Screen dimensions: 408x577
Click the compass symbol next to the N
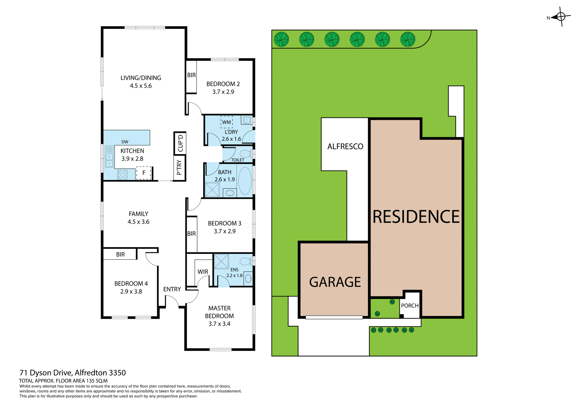561,17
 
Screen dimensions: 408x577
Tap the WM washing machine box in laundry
227,122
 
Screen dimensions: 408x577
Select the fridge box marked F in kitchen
144,173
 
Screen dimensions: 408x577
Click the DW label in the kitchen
125,142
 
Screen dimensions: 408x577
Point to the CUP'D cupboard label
180,143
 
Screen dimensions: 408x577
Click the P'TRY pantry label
179,168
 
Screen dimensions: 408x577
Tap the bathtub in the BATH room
245,180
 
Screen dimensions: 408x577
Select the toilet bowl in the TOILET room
246,154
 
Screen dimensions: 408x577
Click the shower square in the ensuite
221,261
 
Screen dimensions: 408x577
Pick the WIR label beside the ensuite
203,272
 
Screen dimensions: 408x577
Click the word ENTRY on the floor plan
172,289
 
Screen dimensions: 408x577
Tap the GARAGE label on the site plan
335,282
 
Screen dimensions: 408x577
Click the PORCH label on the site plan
410,306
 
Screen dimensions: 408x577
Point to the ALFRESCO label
345,146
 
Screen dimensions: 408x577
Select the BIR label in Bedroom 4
120,254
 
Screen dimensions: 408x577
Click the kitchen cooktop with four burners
123,175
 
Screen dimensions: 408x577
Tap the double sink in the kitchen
109,160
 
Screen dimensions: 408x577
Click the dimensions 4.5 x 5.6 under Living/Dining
141,86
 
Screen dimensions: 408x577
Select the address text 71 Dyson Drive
46,373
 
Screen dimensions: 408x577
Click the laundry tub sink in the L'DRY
247,120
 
